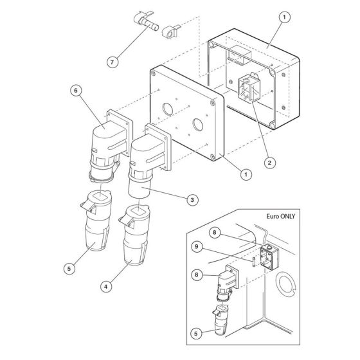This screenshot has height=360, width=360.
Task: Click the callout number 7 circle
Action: (113, 62)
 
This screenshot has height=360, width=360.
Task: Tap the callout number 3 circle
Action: (192, 201)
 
